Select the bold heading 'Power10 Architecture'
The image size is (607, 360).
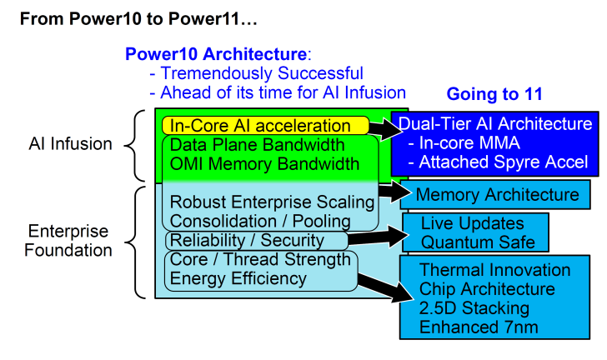[215, 54]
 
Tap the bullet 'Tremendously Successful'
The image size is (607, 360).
[256, 73]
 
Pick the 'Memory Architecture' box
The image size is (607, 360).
[497, 196]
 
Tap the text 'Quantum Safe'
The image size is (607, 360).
[472, 242]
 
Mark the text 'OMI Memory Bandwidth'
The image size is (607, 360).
[264, 164]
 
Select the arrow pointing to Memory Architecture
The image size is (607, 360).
[389, 191]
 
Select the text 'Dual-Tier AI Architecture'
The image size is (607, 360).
[495, 124]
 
